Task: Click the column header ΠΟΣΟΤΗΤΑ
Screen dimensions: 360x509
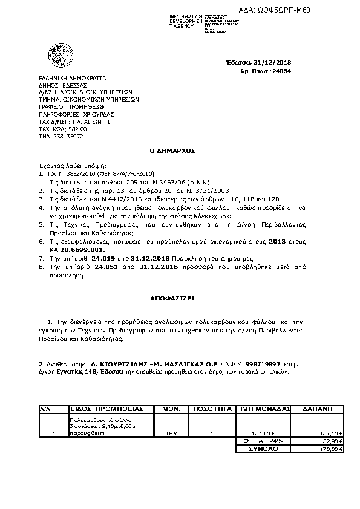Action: pyautogui.click(x=212, y=409)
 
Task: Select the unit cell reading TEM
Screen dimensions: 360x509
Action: pyautogui.click(x=171, y=433)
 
